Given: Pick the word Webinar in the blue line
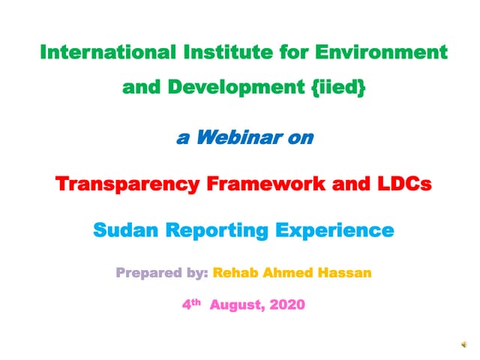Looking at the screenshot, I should [238, 137].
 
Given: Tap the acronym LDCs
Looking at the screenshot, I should [406, 184].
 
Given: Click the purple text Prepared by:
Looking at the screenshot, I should [161, 271].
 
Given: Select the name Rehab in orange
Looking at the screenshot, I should [238, 271].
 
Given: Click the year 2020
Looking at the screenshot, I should [287, 307].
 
